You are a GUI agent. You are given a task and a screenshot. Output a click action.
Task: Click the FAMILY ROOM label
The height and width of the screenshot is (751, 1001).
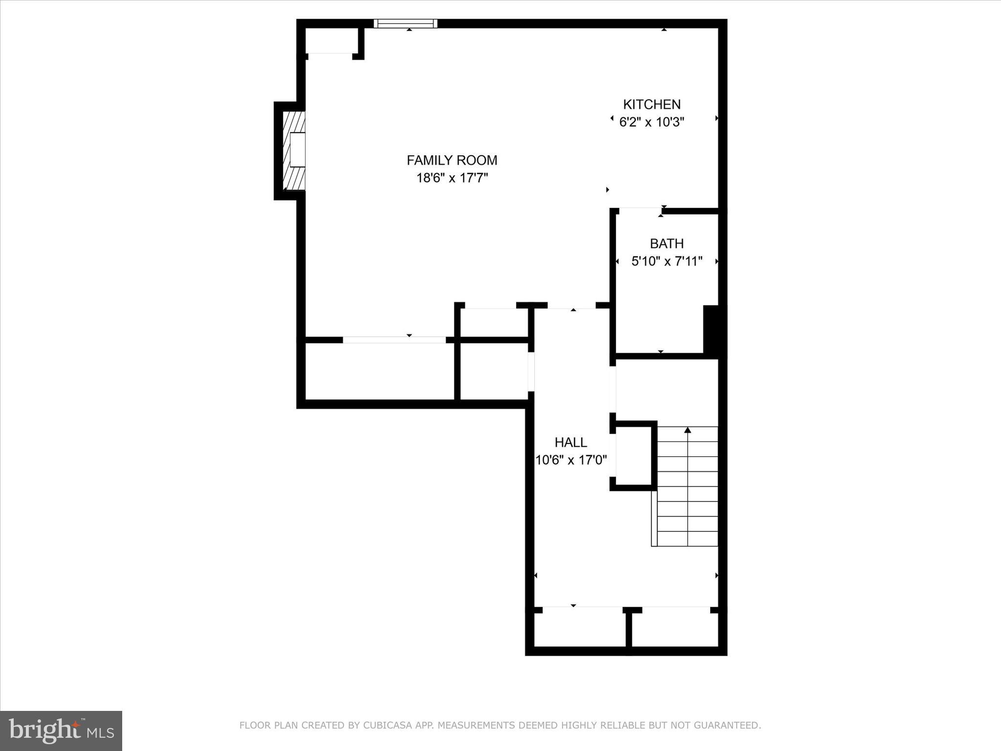452,160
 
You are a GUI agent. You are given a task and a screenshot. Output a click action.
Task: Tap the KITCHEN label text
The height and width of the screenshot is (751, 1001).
652,105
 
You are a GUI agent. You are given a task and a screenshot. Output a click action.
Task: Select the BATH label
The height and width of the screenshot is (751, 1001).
667,243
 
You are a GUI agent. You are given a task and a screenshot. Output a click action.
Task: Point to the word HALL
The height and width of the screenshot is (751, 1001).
570,442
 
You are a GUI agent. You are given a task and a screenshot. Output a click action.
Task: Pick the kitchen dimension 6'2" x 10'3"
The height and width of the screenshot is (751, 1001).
652,122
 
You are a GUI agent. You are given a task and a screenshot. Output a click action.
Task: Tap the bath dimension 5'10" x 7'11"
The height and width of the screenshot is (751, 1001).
667,262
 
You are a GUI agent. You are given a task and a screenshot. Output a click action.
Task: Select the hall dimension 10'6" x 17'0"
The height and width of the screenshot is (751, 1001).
571,460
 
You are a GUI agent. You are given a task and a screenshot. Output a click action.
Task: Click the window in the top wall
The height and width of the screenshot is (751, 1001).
405,23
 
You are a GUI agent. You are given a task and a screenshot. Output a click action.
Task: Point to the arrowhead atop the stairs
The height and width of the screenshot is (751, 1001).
688,430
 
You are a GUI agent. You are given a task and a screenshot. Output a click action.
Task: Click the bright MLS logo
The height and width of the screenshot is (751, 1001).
61,730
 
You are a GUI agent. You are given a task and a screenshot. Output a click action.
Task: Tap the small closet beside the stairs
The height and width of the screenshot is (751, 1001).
633,456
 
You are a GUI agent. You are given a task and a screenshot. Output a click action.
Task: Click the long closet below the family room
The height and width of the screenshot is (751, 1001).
379,372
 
